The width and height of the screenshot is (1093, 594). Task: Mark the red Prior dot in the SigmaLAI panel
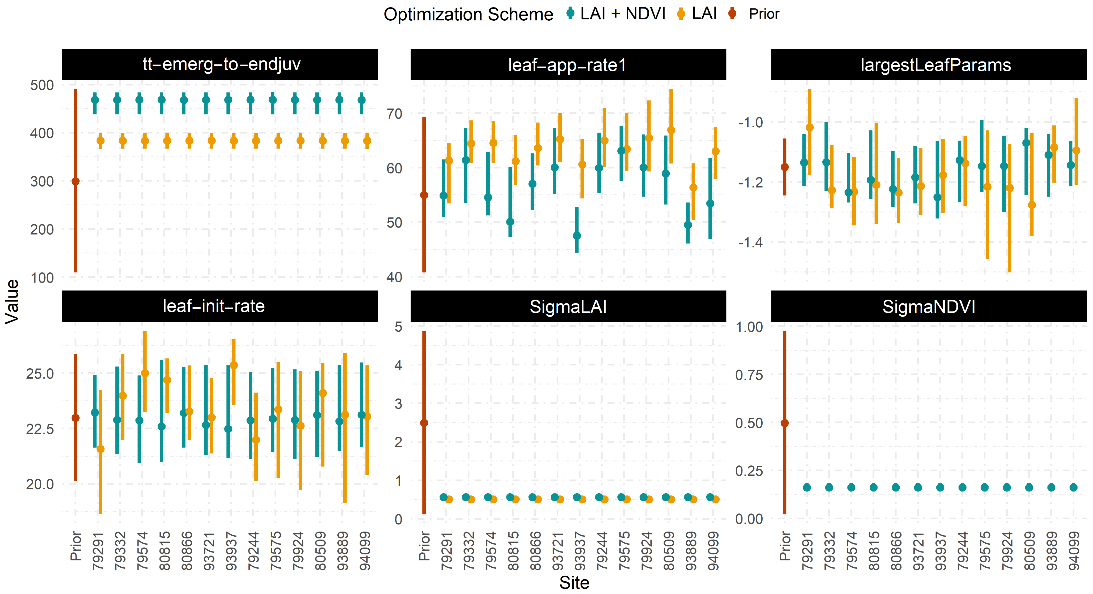[x=424, y=423]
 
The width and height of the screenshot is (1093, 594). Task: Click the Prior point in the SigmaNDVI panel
[x=785, y=423]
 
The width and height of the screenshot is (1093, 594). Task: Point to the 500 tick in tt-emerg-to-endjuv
[x=42, y=85]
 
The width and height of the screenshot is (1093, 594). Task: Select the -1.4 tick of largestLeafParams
[x=750, y=243]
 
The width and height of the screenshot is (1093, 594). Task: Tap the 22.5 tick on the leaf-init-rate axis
[x=40, y=429]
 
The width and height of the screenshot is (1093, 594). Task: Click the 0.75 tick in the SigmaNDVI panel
[x=749, y=375]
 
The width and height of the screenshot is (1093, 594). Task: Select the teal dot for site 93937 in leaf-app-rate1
[x=577, y=236]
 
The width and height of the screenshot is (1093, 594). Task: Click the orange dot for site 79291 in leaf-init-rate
[x=101, y=449]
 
